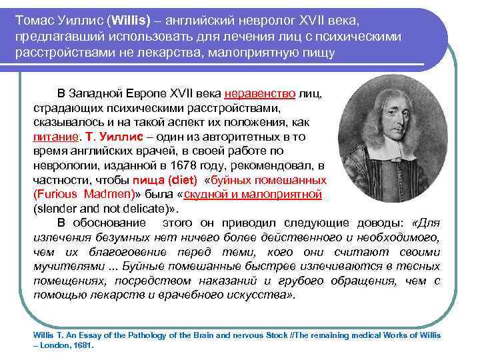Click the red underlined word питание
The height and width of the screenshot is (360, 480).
[x=56, y=136]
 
